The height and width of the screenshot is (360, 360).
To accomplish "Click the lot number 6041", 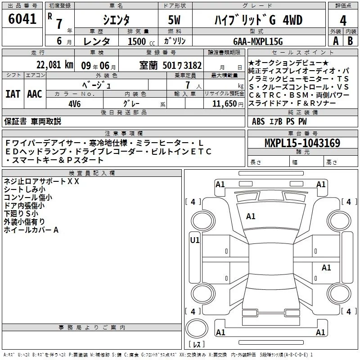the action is [x=22, y=19].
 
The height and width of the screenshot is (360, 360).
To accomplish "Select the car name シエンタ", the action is [x=116, y=20].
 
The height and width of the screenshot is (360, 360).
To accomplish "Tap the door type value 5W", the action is [x=174, y=20].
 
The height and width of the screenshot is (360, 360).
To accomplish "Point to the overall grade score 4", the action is [x=343, y=20].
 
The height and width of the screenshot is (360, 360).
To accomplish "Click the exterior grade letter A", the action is [x=336, y=41].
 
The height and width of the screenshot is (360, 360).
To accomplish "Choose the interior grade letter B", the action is [x=351, y=41].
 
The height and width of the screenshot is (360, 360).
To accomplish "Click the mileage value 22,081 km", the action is [x=55, y=65].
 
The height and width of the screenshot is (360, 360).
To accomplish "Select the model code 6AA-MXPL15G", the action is [x=258, y=41].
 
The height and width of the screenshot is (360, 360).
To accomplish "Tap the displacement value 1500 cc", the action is [x=141, y=41].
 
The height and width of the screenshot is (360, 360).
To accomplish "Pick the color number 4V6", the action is [x=75, y=104].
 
